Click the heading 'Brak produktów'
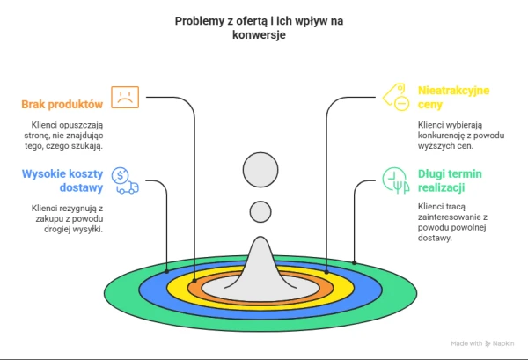62,105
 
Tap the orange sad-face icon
125,98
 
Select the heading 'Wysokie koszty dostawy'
62,180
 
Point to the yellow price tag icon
396,97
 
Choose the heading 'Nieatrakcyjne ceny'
453,98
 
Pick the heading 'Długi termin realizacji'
450,180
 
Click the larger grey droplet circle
260,170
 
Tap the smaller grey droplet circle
260,212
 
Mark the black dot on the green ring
354,262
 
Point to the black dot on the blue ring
166,271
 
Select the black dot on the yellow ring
326,272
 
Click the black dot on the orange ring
194,280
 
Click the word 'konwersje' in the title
259,34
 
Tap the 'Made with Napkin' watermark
482,343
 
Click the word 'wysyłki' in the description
90,230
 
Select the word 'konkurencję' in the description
437,136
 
